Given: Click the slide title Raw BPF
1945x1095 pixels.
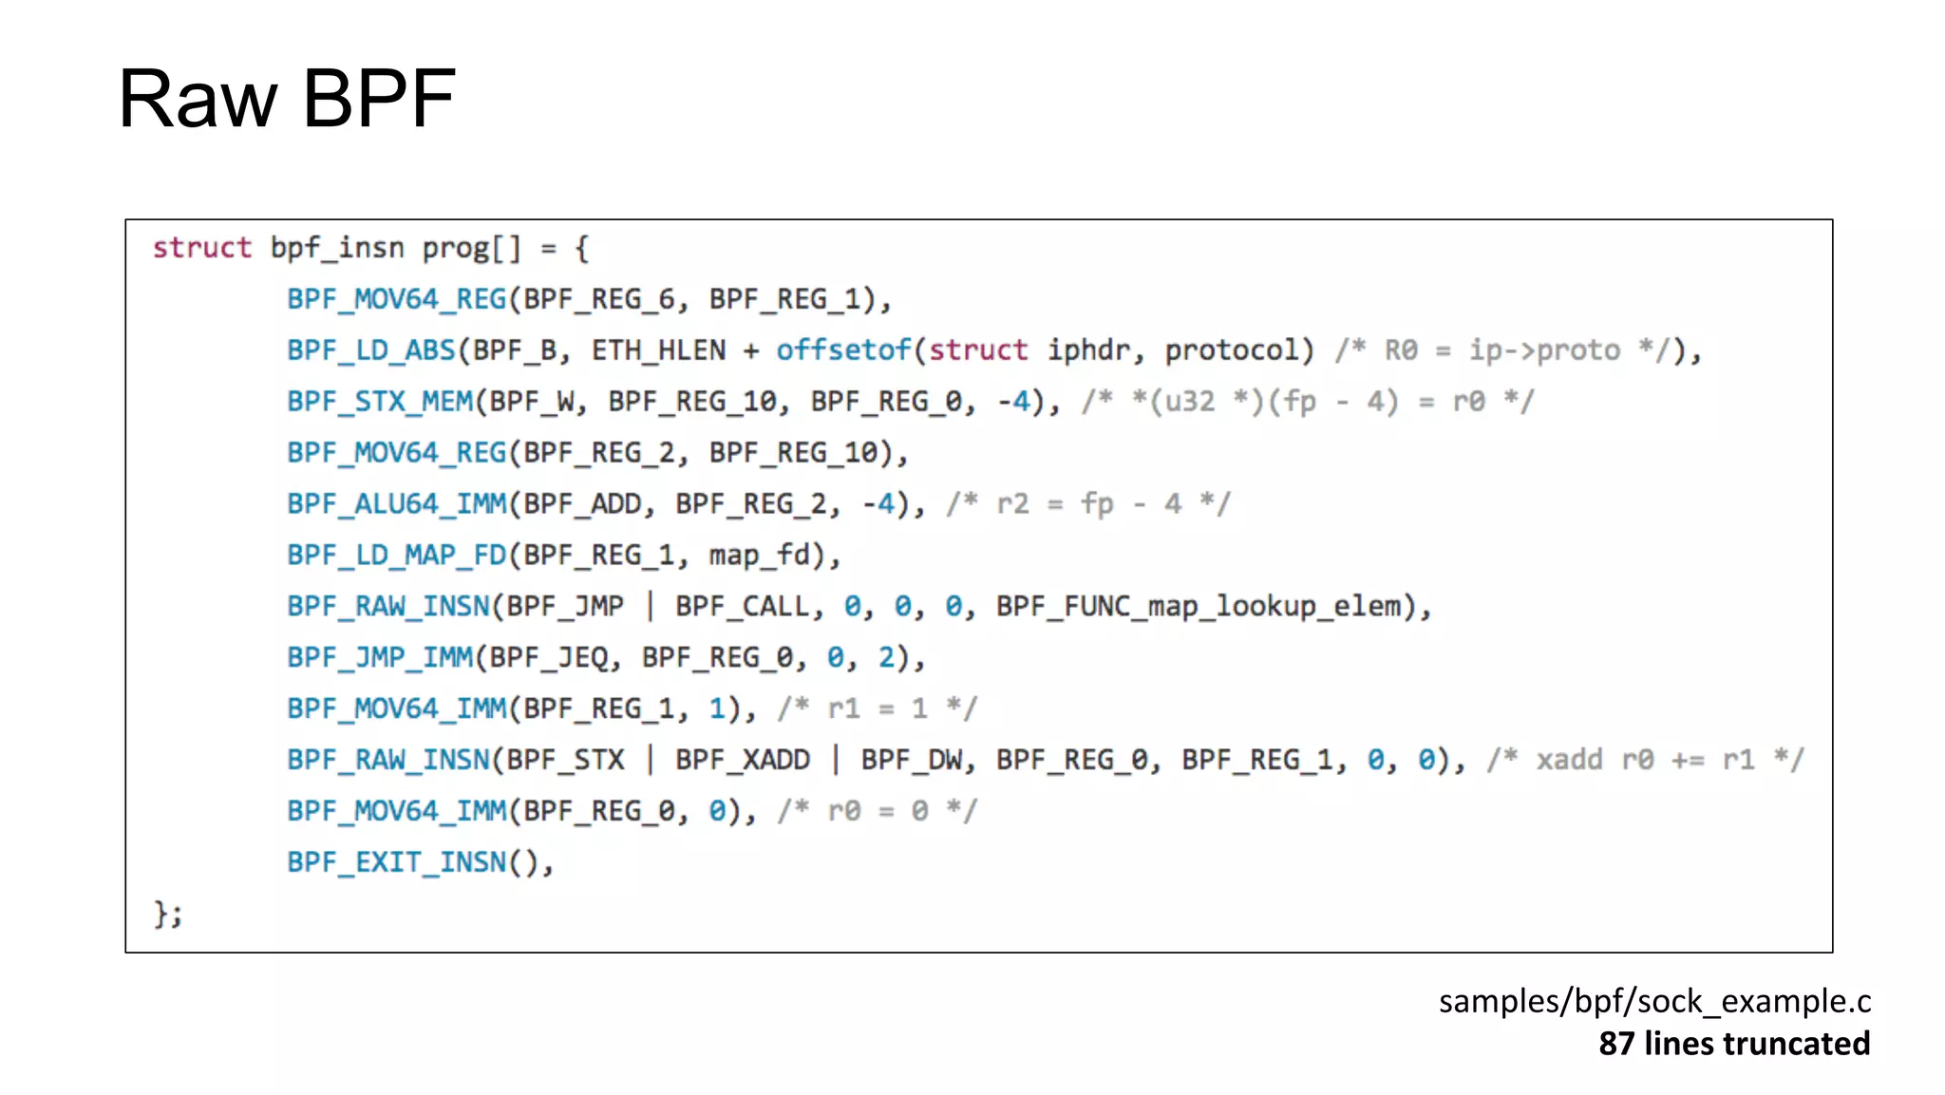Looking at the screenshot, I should pyautogui.click(x=286, y=99).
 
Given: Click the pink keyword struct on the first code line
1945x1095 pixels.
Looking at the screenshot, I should pyautogui.click(x=201, y=248).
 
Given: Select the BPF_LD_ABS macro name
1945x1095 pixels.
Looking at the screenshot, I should pyautogui.click(x=370, y=350).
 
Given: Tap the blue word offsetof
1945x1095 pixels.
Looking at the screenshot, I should pyautogui.click(x=842, y=350).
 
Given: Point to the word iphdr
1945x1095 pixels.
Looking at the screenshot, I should pyautogui.click(x=1088, y=350).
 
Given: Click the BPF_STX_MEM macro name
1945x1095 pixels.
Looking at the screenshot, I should pyautogui.click(x=379, y=402).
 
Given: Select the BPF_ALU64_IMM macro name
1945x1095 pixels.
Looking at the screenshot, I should pyautogui.click(x=396, y=504).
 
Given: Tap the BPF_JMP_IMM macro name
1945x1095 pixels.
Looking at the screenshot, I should pyautogui.click(x=379, y=658).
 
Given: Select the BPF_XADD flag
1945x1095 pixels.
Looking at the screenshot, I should pyautogui.click(x=742, y=761).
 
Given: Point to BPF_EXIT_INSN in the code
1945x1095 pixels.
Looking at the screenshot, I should pyautogui.click(x=396, y=863).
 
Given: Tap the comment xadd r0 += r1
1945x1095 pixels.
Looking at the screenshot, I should pyautogui.click(x=1644, y=761).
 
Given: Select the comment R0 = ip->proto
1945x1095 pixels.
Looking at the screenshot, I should pyautogui.click(x=1501, y=350).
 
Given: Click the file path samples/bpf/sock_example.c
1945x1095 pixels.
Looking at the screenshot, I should pyautogui.click(x=1653, y=1002).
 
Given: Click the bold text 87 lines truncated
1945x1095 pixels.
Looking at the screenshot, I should pyautogui.click(x=1733, y=1044).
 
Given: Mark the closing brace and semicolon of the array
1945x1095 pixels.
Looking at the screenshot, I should pyautogui.click(x=167, y=915).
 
